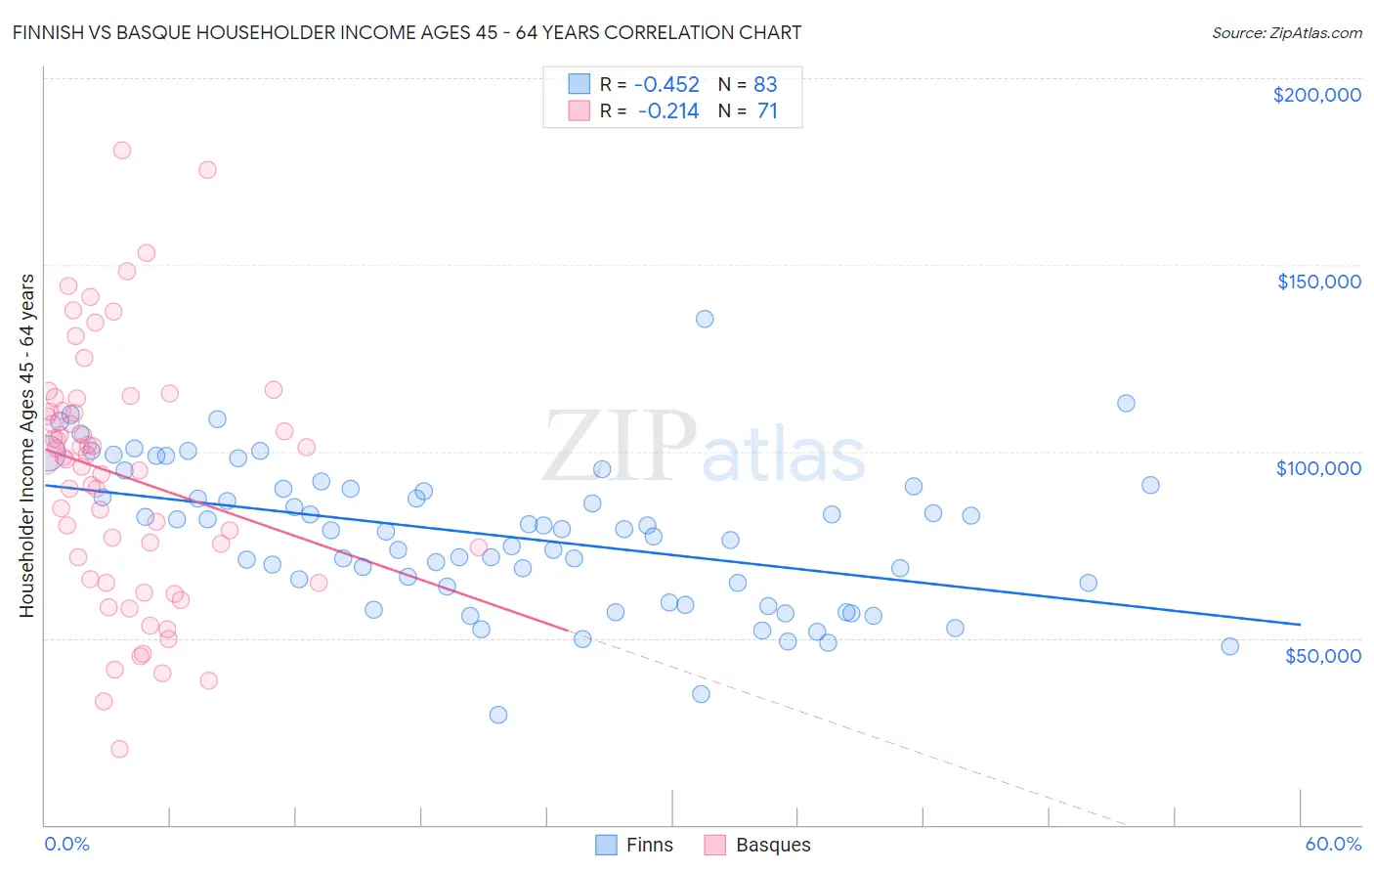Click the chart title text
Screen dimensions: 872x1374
tap(408, 32)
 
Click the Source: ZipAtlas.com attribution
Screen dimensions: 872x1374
tap(1286, 32)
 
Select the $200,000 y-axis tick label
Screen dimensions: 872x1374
tap(1316, 95)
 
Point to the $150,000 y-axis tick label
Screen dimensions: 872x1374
tap(1318, 282)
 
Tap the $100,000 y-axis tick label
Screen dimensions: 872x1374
tap(1318, 468)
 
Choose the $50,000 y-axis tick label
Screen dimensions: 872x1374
tap(1322, 655)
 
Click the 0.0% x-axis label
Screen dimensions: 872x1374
tap(66, 844)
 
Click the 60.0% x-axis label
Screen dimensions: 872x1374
tap(1333, 844)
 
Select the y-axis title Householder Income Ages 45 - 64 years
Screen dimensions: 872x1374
tap(26, 446)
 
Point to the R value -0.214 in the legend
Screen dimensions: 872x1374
tap(668, 110)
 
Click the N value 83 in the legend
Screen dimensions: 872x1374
tap(765, 84)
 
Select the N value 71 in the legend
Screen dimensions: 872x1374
tap(767, 110)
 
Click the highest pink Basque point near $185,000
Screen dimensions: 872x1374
tap(122, 151)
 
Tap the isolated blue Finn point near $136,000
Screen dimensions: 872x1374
tap(705, 319)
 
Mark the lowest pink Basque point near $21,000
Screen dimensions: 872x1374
tap(119, 749)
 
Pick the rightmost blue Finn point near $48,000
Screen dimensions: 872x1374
tap(1229, 646)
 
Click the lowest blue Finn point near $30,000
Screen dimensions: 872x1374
tap(498, 715)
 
